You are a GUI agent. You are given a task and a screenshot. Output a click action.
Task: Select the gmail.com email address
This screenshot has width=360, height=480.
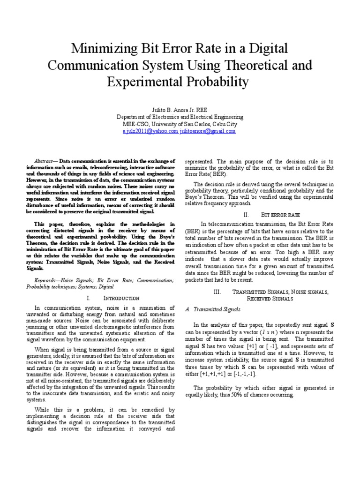tap(208, 132)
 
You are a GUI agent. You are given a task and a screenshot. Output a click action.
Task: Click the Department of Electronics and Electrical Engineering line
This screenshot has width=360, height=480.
tap(180, 117)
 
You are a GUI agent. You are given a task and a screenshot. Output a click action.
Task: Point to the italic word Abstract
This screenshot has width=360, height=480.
tap(46, 161)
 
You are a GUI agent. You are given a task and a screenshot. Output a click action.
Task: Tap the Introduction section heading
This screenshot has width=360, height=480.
tap(121, 298)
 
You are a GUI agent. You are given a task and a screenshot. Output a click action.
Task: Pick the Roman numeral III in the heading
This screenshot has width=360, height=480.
tap(217, 292)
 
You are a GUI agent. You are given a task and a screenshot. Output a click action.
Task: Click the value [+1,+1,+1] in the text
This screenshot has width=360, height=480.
tap(211, 374)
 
